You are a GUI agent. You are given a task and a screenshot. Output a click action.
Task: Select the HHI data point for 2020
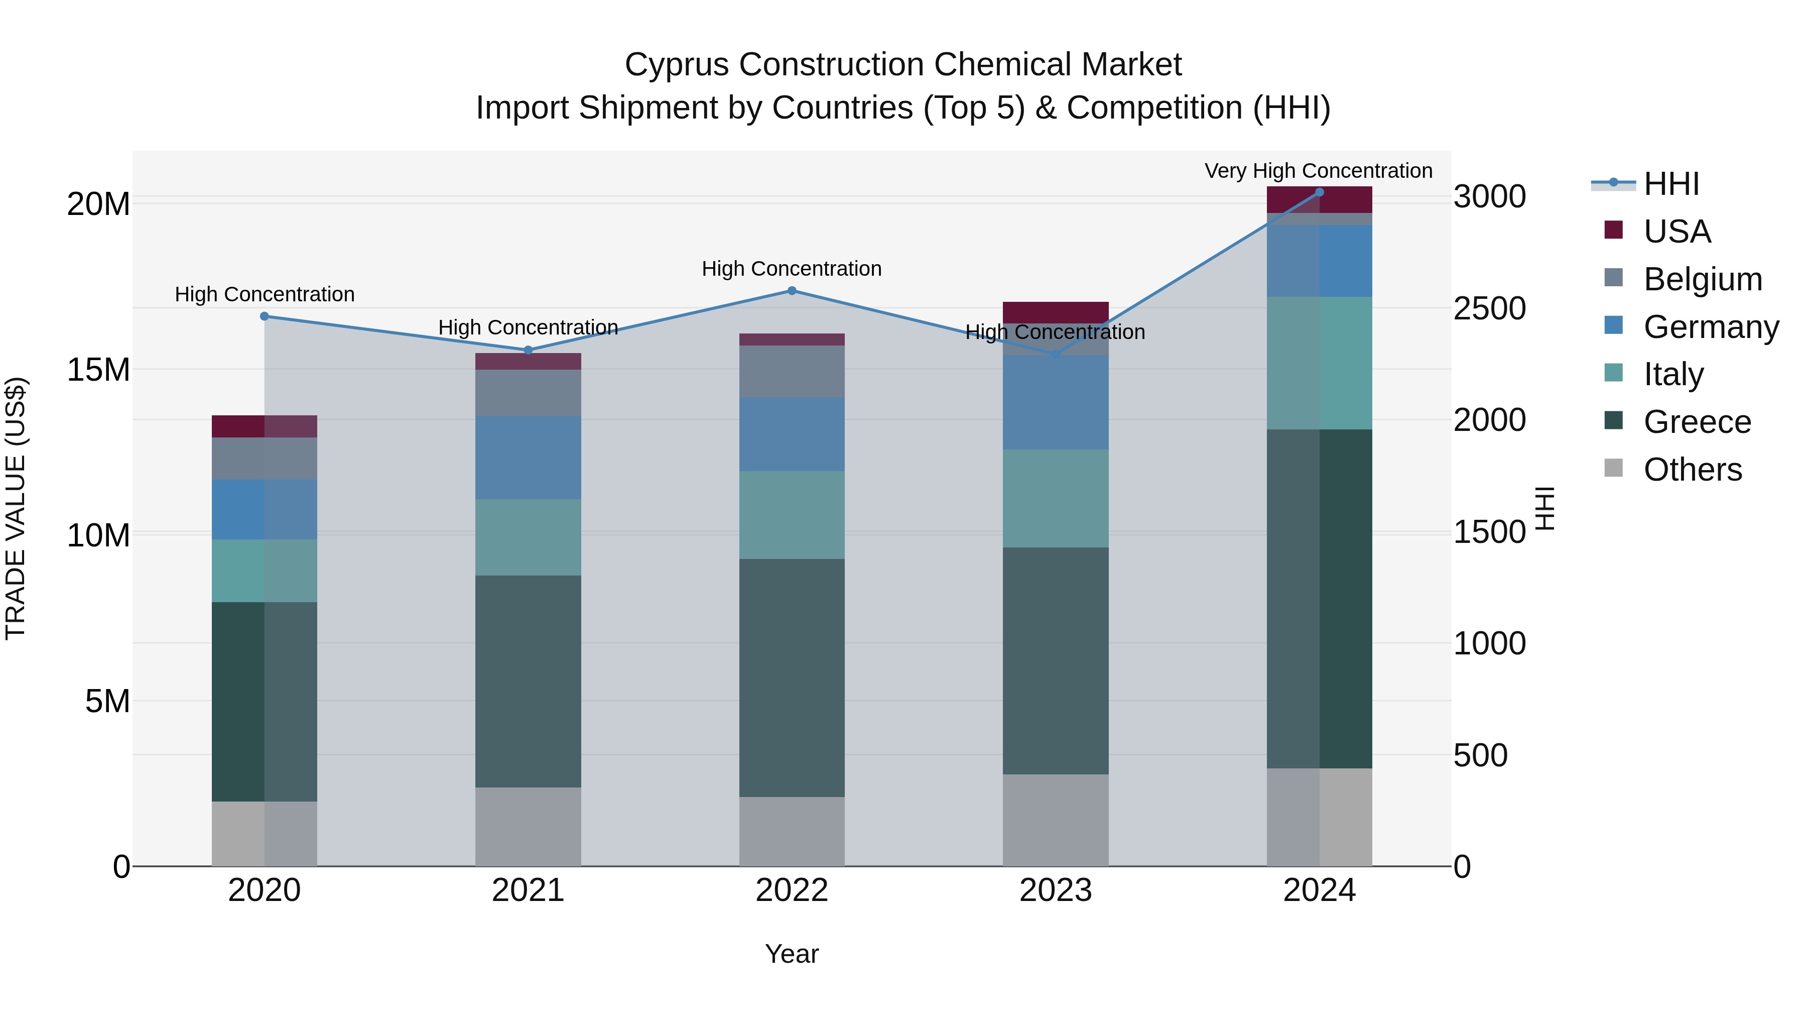point(265,316)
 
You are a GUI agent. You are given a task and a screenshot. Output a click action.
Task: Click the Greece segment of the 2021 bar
point(528,681)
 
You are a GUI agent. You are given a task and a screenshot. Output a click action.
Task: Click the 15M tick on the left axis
point(98,370)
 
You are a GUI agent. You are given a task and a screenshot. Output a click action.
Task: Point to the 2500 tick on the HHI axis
point(1489,308)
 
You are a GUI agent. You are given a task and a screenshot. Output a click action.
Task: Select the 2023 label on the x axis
point(1055,890)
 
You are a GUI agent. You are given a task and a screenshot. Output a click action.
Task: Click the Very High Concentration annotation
point(1318,171)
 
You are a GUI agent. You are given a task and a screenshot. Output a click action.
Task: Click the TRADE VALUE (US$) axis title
point(16,508)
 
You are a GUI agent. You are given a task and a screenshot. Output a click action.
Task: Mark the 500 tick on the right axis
point(1480,755)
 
